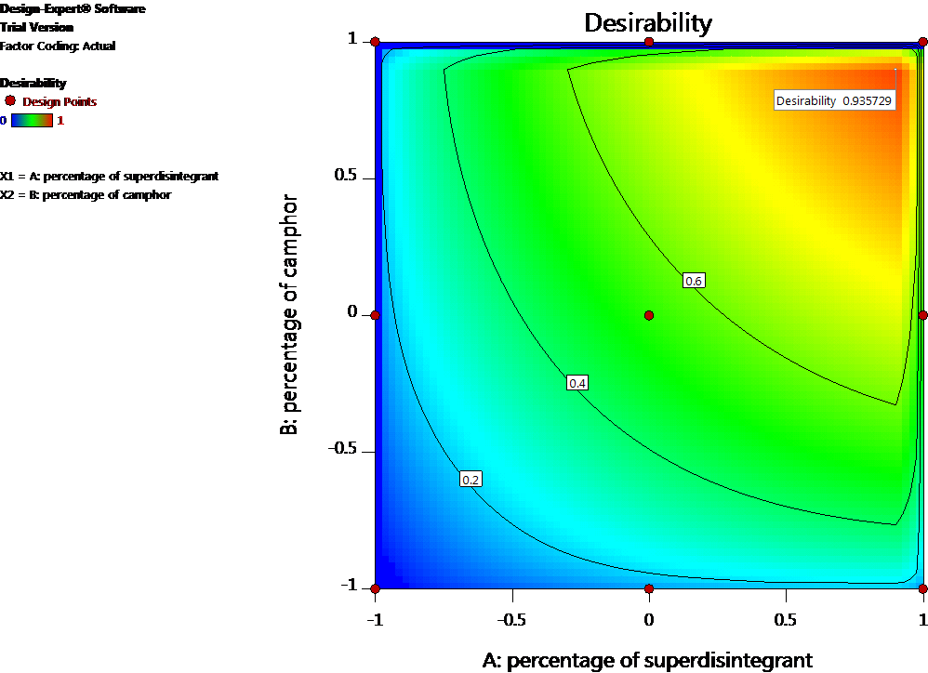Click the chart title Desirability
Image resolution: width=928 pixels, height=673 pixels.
point(647,22)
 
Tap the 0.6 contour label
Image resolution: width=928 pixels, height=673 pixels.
point(694,281)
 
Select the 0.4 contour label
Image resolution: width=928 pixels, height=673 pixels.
point(577,383)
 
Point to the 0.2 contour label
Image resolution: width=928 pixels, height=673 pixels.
point(471,480)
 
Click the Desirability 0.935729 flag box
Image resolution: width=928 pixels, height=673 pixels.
point(835,101)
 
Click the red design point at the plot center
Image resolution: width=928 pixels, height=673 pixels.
point(649,315)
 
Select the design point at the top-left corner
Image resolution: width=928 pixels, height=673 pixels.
point(376,42)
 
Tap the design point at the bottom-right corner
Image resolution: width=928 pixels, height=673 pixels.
point(922,588)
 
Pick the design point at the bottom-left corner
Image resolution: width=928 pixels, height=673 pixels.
point(376,588)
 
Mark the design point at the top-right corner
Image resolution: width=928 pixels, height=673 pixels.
point(922,42)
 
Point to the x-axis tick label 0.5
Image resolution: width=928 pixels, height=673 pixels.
point(786,619)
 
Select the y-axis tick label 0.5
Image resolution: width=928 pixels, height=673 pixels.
point(346,178)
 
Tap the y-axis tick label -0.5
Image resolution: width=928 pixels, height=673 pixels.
point(341,450)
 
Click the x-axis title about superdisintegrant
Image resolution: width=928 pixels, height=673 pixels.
point(647,660)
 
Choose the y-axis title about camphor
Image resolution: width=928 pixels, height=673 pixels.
point(291,314)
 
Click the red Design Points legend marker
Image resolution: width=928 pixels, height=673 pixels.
point(10,100)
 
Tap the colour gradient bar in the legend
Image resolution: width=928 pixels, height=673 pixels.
point(33,120)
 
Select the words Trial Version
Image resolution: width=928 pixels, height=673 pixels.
point(36,27)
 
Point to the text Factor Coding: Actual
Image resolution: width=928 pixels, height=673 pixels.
point(58,46)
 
